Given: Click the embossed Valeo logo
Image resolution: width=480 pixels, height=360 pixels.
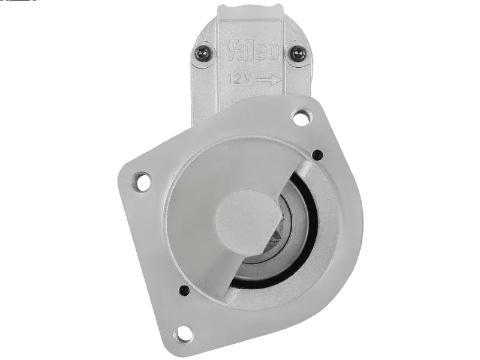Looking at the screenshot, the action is (251, 49).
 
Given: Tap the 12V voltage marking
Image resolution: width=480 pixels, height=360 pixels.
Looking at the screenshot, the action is (239, 79).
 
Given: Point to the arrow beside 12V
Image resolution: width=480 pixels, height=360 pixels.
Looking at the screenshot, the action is (268, 80).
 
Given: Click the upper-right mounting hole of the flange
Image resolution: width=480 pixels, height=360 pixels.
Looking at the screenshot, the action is (302, 118).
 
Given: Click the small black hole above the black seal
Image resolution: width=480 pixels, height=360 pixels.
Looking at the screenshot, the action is (318, 155).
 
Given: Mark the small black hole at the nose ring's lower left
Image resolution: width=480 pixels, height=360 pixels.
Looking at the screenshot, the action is (184, 289).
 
